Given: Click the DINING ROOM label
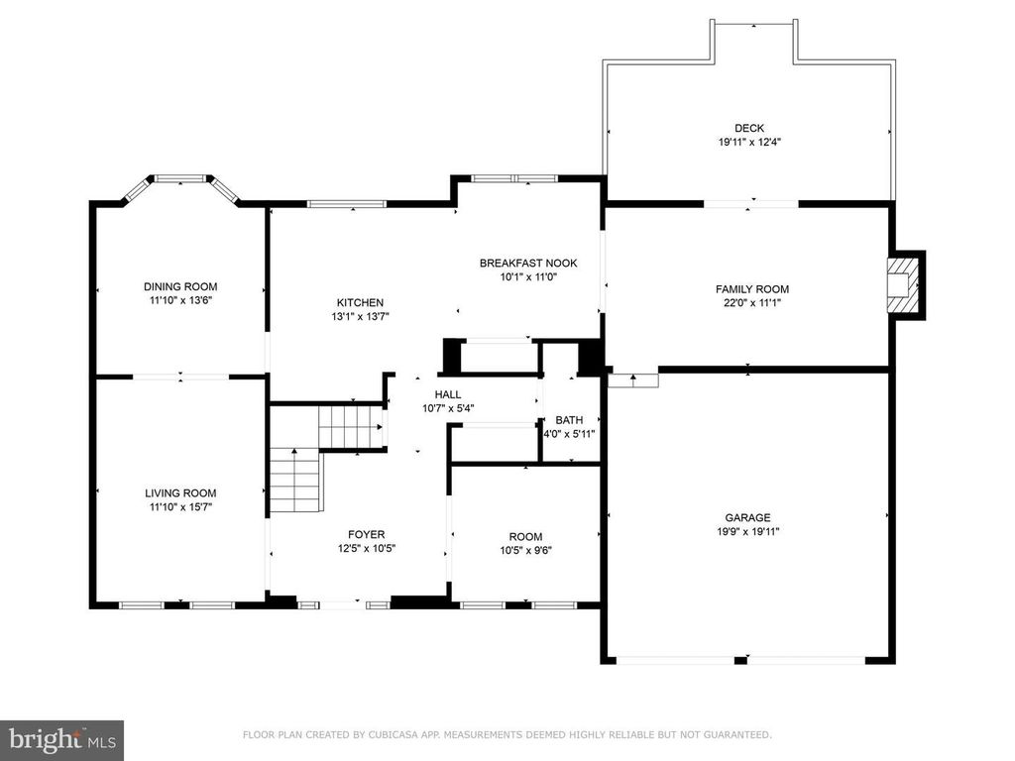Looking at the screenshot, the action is [180, 286].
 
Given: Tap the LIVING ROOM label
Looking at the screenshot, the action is [180, 493].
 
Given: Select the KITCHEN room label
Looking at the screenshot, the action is [360, 302].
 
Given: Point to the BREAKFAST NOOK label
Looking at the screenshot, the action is [528, 263].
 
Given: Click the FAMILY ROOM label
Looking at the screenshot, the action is [752, 289].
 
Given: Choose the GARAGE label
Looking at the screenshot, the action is [747, 517].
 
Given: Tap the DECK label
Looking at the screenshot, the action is [749, 128].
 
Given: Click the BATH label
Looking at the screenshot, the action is [569, 420].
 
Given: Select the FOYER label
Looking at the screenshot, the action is [367, 534].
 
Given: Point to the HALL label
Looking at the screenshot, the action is [448, 394].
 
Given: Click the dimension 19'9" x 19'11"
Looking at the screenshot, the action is [747, 532].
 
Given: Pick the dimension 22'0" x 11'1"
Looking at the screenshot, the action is [752, 302].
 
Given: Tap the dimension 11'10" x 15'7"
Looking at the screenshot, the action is [180, 507].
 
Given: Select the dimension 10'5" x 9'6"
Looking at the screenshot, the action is [525, 551].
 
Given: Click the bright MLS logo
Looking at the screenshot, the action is [62, 739].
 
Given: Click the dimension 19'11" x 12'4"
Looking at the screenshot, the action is [749, 143].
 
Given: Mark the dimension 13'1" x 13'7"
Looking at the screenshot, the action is [360, 316].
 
